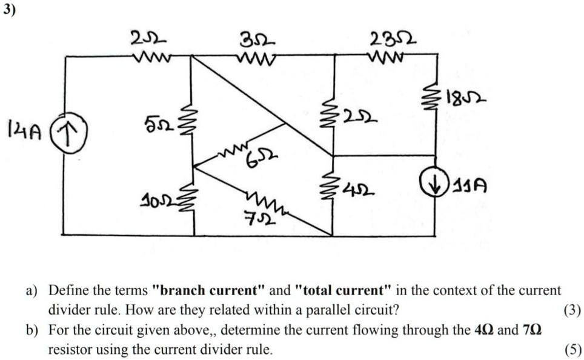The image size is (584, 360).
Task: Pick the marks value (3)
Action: click(x=572, y=311)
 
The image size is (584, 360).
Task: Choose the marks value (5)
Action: click(x=572, y=349)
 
